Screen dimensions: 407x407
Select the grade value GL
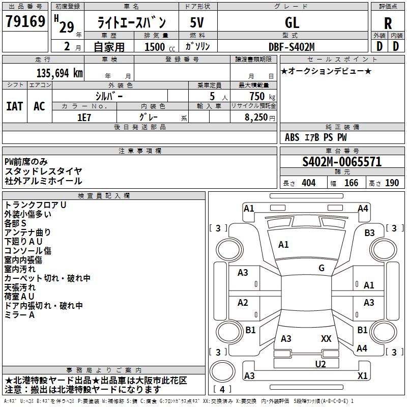point(292,22)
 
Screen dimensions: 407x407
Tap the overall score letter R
point(388,23)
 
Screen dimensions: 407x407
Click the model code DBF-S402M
point(292,47)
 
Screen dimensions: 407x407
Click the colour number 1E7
point(84,117)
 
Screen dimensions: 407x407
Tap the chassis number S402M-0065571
point(342,162)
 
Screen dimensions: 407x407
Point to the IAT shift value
point(14,106)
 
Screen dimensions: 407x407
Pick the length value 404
point(308,183)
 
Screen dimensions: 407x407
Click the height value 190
point(392,183)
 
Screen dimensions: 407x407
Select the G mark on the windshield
point(322,268)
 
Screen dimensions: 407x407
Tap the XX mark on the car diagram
point(326,338)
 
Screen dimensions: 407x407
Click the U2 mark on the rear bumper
point(321,364)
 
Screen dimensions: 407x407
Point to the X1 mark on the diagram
point(363,376)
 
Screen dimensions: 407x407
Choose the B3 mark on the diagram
point(369,232)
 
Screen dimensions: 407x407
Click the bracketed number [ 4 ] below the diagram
point(222,390)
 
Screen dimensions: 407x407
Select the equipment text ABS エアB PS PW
point(316,137)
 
